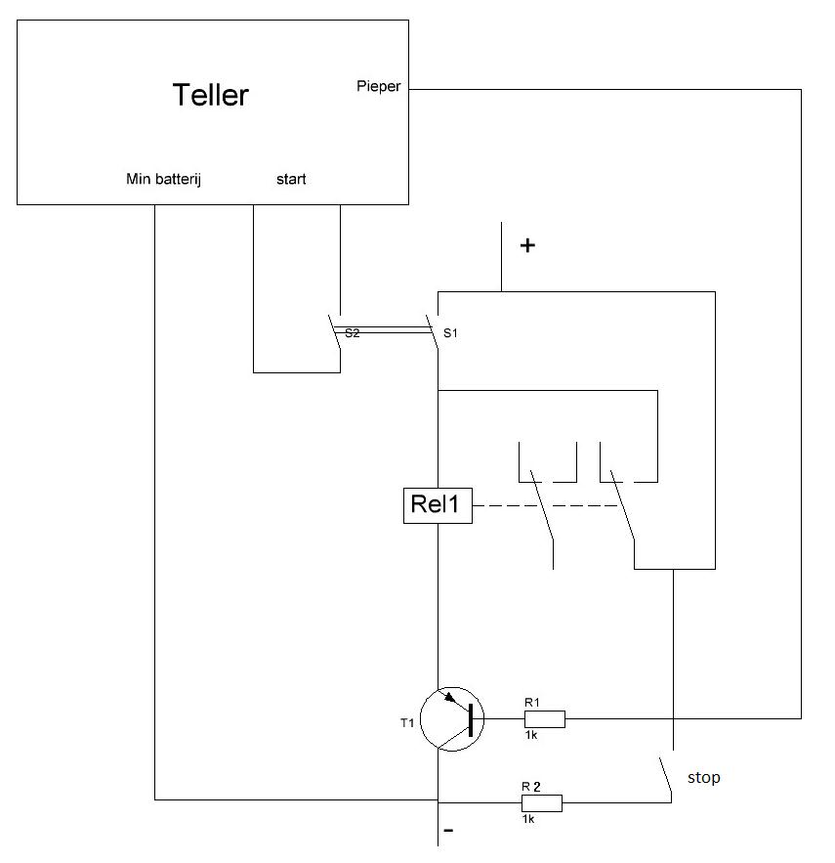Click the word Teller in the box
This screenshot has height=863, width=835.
tap(210, 95)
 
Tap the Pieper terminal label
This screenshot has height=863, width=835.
tap(379, 87)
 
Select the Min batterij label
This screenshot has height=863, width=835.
tap(164, 179)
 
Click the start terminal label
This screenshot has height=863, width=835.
tap(290, 179)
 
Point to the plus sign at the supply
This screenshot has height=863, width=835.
tap(527, 246)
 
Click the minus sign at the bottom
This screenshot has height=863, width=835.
tap(448, 832)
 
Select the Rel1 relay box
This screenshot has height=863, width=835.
tap(438, 506)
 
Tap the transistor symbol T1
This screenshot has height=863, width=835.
tap(451, 718)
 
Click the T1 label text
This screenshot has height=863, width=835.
tap(407, 722)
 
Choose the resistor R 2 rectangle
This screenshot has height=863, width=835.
tap(543, 803)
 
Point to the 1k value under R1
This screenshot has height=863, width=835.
tap(530, 736)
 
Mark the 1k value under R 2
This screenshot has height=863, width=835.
tap(528, 820)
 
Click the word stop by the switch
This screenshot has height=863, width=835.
tap(703, 778)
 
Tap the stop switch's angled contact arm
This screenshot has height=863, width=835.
tap(664, 777)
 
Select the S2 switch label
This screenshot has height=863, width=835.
tap(352, 333)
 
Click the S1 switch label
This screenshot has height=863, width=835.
tap(450, 333)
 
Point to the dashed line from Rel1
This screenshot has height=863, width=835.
tap(547, 506)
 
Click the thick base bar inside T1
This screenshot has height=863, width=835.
tap(471, 719)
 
